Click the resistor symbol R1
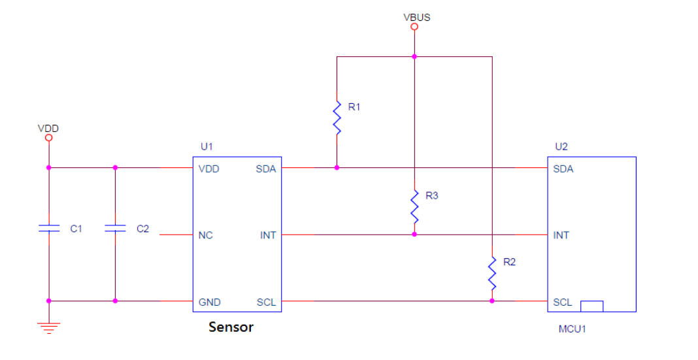point(337,118)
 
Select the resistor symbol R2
point(492,273)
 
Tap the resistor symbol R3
point(414,206)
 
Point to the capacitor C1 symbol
point(49,229)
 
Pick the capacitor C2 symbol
point(115,229)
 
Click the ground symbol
point(49,329)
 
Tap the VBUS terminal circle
point(414,27)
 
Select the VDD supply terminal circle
point(49,137)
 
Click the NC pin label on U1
point(205,235)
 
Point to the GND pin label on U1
point(209,302)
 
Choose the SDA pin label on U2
point(563,169)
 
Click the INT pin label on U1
point(268,235)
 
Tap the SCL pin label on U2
point(562,302)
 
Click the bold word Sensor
point(231,327)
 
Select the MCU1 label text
point(572,329)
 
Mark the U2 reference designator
point(561,146)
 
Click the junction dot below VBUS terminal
point(414,56)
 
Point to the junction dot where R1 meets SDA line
point(337,168)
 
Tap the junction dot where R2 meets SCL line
point(492,301)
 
